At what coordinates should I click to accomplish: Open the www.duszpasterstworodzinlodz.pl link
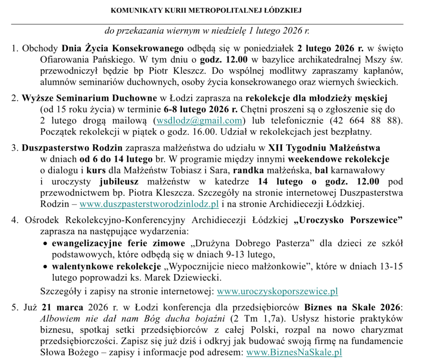point(149,204)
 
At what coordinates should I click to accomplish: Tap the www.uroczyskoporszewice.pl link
point(277,291)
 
